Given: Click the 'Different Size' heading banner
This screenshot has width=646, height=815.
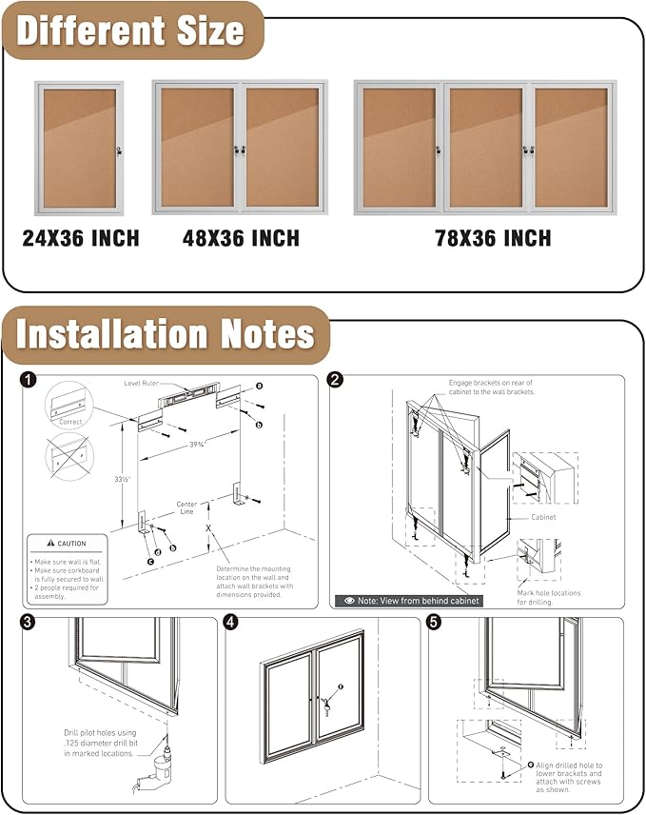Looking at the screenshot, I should pyautogui.click(x=130, y=30).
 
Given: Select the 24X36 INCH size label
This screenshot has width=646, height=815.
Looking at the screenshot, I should pyautogui.click(x=81, y=238).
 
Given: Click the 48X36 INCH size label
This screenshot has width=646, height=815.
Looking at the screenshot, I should pyautogui.click(x=241, y=238).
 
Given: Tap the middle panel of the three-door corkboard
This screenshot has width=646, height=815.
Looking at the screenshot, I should pyautogui.click(x=485, y=148).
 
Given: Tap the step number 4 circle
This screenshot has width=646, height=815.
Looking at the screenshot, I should pyautogui.click(x=231, y=624).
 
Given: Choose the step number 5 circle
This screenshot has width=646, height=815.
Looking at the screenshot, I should pyautogui.click(x=435, y=624).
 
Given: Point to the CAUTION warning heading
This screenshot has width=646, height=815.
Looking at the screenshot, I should pyautogui.click(x=66, y=544).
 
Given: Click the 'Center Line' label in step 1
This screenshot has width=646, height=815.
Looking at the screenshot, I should pyautogui.click(x=186, y=507).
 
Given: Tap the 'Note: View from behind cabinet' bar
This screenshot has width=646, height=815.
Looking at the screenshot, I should pyautogui.click(x=407, y=601).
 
